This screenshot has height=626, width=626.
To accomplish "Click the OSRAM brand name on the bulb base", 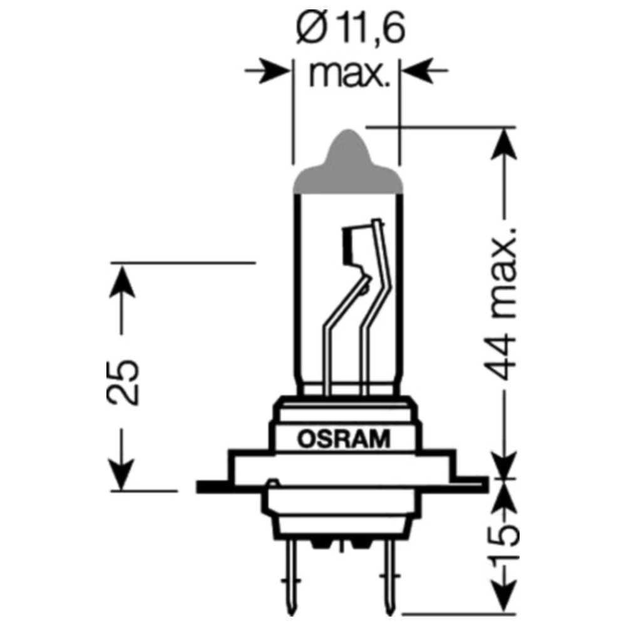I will [x=343, y=439].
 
